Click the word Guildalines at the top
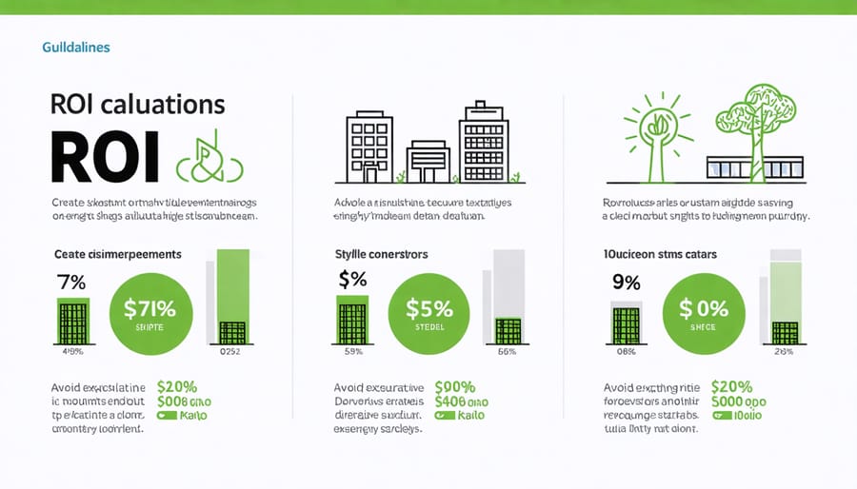[x=76, y=47]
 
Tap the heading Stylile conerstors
[x=381, y=254]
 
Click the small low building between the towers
[x=428, y=162]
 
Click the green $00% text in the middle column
[x=455, y=387]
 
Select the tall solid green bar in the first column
[x=233, y=285]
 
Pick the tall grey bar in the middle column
[x=509, y=285]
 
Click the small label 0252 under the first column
[x=231, y=351]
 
